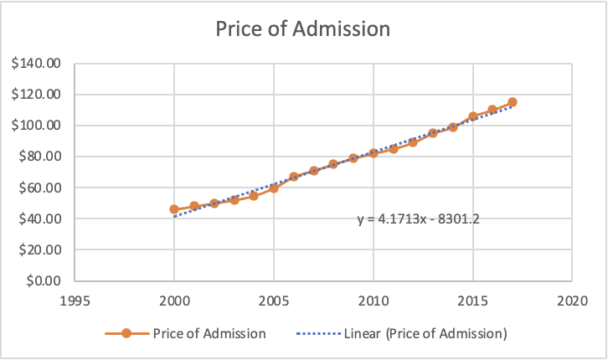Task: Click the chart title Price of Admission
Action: point(303,29)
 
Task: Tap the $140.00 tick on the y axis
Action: point(37,64)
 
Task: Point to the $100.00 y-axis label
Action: point(37,126)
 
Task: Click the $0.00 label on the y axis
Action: point(43,280)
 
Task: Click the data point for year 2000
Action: point(174,209)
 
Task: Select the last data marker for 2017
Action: point(512,102)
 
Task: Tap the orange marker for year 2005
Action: point(274,188)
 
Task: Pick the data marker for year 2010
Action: point(373,153)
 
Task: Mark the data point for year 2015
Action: point(472,116)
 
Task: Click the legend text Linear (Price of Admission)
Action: point(425,333)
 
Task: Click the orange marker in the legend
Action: point(125,333)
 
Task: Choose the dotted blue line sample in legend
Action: point(318,333)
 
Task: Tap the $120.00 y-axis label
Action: point(37,95)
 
